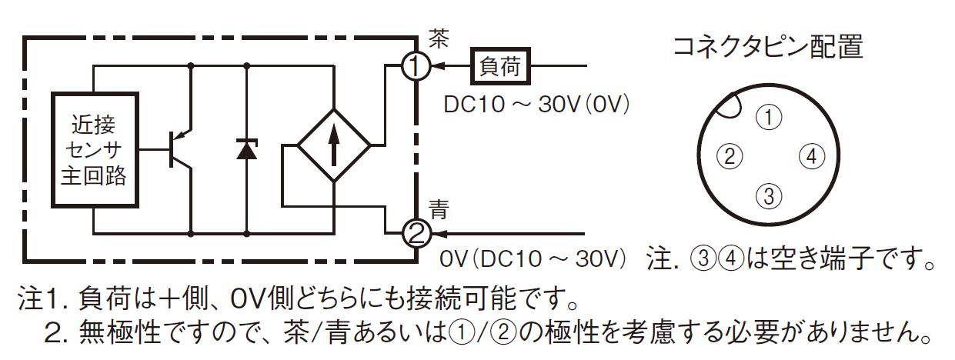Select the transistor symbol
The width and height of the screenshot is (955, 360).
pos(180,149)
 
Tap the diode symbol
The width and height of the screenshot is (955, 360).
pos(246,148)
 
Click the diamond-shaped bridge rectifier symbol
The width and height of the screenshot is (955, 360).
pos(334,145)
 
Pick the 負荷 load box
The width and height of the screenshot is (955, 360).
pos(500,66)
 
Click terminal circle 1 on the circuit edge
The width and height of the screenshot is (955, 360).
pos(416,66)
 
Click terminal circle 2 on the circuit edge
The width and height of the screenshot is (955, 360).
pos(416,234)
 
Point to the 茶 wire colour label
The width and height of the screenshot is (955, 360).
pos(439,38)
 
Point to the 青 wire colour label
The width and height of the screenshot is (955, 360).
pos(439,208)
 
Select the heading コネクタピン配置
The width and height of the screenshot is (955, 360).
pos(768,46)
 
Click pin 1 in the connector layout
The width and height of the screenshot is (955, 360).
pos(769,117)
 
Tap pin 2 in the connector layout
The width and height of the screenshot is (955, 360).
pos(730,156)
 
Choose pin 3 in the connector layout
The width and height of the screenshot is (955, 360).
pos(769,195)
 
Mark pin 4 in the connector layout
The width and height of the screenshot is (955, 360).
pos(811,156)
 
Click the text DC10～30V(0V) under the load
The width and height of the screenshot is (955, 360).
pos(536,105)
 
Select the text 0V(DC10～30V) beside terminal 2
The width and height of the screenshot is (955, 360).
pos(533,258)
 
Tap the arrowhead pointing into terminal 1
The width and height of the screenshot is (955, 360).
pos(439,66)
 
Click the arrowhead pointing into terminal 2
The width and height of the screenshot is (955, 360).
pos(439,234)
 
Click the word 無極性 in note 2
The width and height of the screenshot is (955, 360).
pos(120,332)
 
